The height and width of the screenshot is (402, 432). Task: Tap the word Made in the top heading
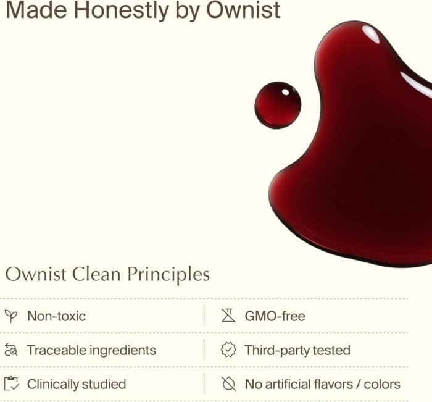click(36, 10)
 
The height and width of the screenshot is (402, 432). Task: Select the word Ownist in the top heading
click(243, 10)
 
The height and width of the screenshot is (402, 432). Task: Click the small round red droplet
click(278, 105)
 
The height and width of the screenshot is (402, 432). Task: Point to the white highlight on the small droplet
click(286, 92)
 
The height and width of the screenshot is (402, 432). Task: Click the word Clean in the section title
click(96, 274)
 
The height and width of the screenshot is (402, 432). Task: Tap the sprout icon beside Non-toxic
click(11, 316)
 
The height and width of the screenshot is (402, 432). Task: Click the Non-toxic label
click(57, 316)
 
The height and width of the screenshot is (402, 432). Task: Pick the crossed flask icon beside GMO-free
click(228, 316)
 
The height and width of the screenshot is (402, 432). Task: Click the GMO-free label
click(275, 316)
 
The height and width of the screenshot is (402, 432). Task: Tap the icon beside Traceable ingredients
click(11, 350)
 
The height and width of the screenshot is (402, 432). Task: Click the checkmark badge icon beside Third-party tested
click(228, 350)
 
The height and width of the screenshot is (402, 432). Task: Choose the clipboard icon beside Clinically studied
click(11, 383)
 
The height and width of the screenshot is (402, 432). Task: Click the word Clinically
click(53, 385)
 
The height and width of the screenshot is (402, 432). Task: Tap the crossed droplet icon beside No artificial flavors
click(228, 383)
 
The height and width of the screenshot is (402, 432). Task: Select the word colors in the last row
click(382, 384)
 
